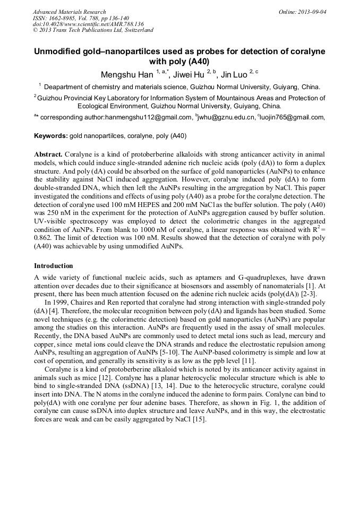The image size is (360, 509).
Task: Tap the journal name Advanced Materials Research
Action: (x=69, y=12)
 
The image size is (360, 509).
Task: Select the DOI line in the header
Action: (x=88, y=24)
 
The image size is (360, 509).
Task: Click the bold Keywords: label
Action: (x=51, y=136)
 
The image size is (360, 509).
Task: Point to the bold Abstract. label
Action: (x=49, y=154)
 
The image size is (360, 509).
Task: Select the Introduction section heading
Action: (x=54, y=265)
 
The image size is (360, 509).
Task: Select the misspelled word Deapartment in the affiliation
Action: (x=63, y=87)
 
